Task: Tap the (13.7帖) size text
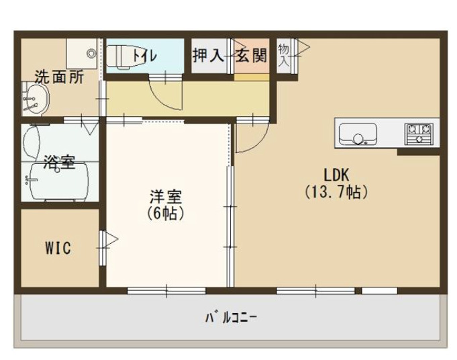[336, 192]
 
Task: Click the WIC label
[58, 248]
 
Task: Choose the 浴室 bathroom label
[58, 162]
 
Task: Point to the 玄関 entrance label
[251, 56]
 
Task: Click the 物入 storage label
[284, 56]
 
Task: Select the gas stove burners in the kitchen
[421, 132]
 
